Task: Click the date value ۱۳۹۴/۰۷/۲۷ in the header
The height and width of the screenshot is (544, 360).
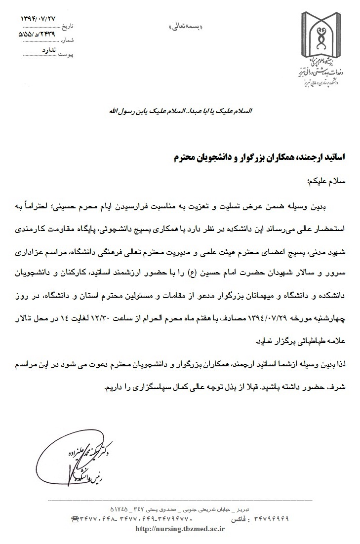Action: point(39,18)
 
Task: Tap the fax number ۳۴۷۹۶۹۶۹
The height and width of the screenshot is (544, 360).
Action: point(269,519)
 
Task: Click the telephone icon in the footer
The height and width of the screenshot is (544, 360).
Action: point(76,519)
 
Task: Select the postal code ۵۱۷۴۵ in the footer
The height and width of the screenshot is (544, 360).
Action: point(114,508)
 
